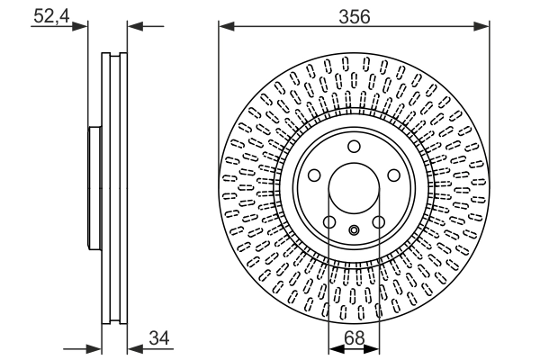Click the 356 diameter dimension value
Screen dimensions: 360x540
(x=354, y=14)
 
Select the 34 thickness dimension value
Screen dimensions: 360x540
(x=158, y=338)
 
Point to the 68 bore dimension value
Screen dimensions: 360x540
(x=354, y=338)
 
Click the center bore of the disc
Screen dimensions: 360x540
(x=354, y=189)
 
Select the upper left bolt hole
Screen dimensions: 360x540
(x=314, y=176)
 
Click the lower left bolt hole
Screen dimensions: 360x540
(x=329, y=222)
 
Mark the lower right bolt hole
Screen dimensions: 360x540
(x=379, y=222)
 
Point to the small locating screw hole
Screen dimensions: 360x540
(x=354, y=229)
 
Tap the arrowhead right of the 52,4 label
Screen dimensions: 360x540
(x=84, y=26)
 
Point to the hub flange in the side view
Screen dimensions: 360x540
(x=94, y=189)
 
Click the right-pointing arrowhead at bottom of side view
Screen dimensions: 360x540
(x=94, y=347)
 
